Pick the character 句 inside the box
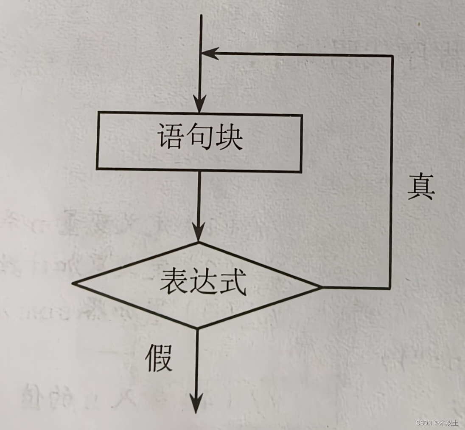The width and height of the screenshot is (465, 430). pos(199,137)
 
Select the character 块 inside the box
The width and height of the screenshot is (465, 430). pos(229,137)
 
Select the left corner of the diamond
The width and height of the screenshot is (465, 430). pos(74,283)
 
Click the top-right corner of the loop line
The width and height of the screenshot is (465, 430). pos(392,56)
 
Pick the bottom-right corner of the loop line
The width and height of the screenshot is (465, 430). pos(390,288)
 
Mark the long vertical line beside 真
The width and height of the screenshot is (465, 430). pos(391,170)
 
